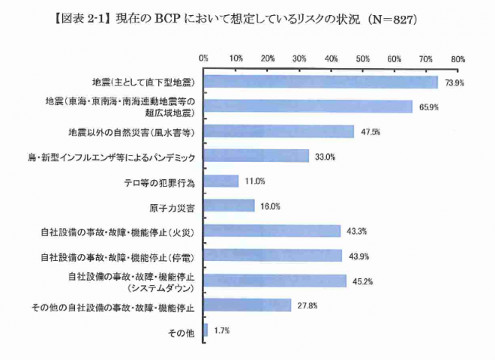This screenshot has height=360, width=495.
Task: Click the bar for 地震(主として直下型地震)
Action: pyautogui.click(x=320, y=82)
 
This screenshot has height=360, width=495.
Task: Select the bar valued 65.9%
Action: pyautogui.click(x=307, y=106)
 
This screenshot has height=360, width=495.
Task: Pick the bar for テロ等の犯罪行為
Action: pyautogui.click(x=220, y=181)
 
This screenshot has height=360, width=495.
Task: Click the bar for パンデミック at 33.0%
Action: pyautogui.click(x=256, y=156)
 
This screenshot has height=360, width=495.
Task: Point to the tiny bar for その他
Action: pyautogui.click(x=205, y=330)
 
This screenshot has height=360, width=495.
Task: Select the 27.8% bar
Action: pyautogui.click(x=247, y=305)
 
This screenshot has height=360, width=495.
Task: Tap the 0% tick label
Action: pyautogui.click(x=203, y=58)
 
